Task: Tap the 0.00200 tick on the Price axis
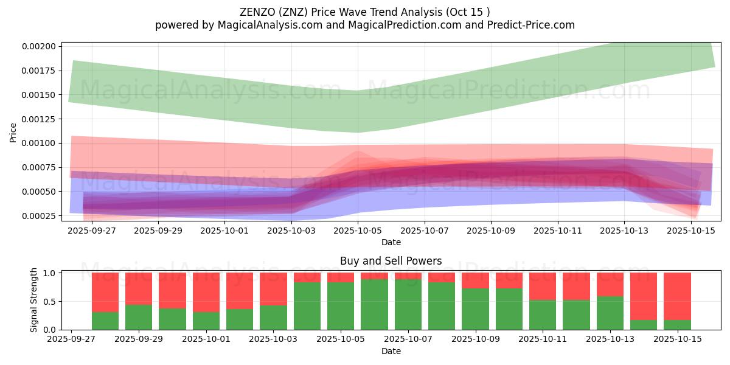click(40, 46)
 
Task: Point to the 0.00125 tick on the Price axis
click(40, 119)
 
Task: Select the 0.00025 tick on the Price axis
click(40, 216)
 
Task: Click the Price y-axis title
click(13, 132)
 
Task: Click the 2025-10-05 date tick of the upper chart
click(358, 231)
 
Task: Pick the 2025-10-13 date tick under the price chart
click(624, 231)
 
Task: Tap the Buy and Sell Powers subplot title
click(391, 261)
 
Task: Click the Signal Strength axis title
click(34, 300)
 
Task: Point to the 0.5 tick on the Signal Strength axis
click(49, 301)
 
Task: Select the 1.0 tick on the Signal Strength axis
click(49, 273)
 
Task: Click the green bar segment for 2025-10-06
click(374, 304)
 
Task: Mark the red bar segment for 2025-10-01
click(206, 293)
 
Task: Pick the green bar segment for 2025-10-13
click(610, 313)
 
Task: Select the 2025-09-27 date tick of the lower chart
click(72, 339)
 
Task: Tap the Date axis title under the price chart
click(391, 242)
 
